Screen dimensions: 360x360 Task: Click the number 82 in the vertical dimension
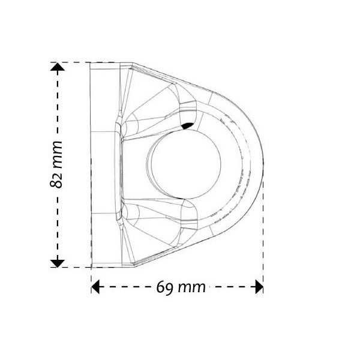tap(58, 178)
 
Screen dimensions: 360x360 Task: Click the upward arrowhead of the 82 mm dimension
tap(57, 68)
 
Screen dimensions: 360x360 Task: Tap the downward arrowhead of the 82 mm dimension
tap(57, 262)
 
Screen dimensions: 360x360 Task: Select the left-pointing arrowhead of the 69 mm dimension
tap(95, 286)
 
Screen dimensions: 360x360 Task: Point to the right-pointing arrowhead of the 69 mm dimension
tap(259, 286)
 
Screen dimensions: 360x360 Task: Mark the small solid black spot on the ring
tap(187, 125)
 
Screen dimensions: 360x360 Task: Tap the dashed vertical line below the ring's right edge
tap(263, 240)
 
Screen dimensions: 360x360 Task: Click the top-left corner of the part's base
tap(90, 62)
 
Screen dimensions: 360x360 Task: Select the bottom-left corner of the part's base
tap(90, 266)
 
